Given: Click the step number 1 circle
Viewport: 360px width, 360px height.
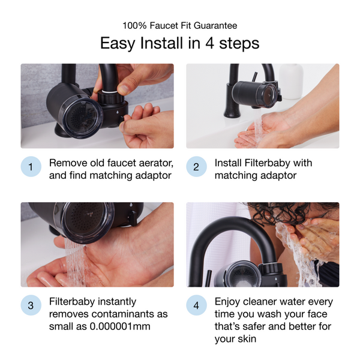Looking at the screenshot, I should point(31,167).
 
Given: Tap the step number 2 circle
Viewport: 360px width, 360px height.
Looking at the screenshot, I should point(196,167).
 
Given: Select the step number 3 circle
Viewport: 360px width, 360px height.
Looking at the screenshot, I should point(31,306).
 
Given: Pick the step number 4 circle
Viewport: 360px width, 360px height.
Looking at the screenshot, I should point(196,306).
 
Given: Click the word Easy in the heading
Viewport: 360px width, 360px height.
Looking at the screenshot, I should point(117,44).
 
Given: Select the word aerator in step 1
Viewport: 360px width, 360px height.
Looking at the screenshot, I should point(153,163).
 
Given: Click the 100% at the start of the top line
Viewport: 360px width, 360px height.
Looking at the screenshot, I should point(134,25).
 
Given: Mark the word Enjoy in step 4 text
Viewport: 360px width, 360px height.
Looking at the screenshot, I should point(227,301).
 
